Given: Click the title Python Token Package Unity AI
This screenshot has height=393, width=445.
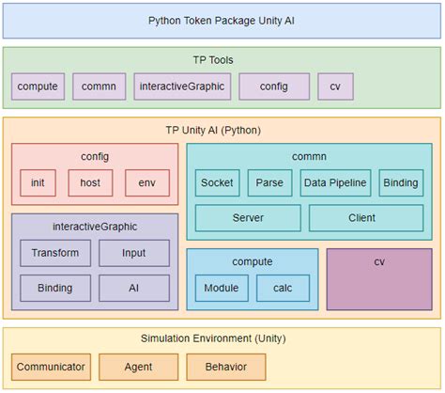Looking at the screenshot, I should pyautogui.click(x=222, y=20).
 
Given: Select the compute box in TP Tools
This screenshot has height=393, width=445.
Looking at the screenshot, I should pyautogui.click(x=38, y=87).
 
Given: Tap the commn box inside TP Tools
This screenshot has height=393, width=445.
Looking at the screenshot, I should pyautogui.click(x=99, y=87).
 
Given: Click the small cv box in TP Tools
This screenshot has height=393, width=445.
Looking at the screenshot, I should pyautogui.click(x=335, y=87).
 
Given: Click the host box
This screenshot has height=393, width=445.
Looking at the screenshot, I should pyautogui.click(x=90, y=181).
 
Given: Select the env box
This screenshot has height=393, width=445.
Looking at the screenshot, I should pyautogui.click(x=146, y=181).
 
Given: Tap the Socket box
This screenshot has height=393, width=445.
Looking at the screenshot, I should pyautogui.click(x=217, y=182).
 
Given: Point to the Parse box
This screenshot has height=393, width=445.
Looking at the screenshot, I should pyautogui.click(x=270, y=182).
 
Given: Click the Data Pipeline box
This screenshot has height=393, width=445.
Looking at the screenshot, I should pyautogui.click(x=335, y=182).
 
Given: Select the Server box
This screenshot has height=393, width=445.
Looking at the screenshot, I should pyautogui.click(x=248, y=218).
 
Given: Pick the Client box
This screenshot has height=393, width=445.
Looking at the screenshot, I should pyautogui.click(x=361, y=218).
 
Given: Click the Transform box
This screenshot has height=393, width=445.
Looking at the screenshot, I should pyautogui.click(x=55, y=253).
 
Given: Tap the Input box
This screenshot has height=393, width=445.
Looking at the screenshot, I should pyautogui.click(x=134, y=253).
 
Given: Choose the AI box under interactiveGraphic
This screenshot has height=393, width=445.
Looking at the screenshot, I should pyautogui.click(x=134, y=288).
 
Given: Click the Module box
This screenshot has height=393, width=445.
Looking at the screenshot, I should pyautogui.click(x=221, y=288).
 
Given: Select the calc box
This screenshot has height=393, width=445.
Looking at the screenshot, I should pyautogui.click(x=282, y=288).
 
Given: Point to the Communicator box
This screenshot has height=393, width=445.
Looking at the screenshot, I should pyautogui.click(x=51, y=366).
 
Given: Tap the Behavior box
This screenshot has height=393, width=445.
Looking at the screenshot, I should pyautogui.click(x=225, y=366).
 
